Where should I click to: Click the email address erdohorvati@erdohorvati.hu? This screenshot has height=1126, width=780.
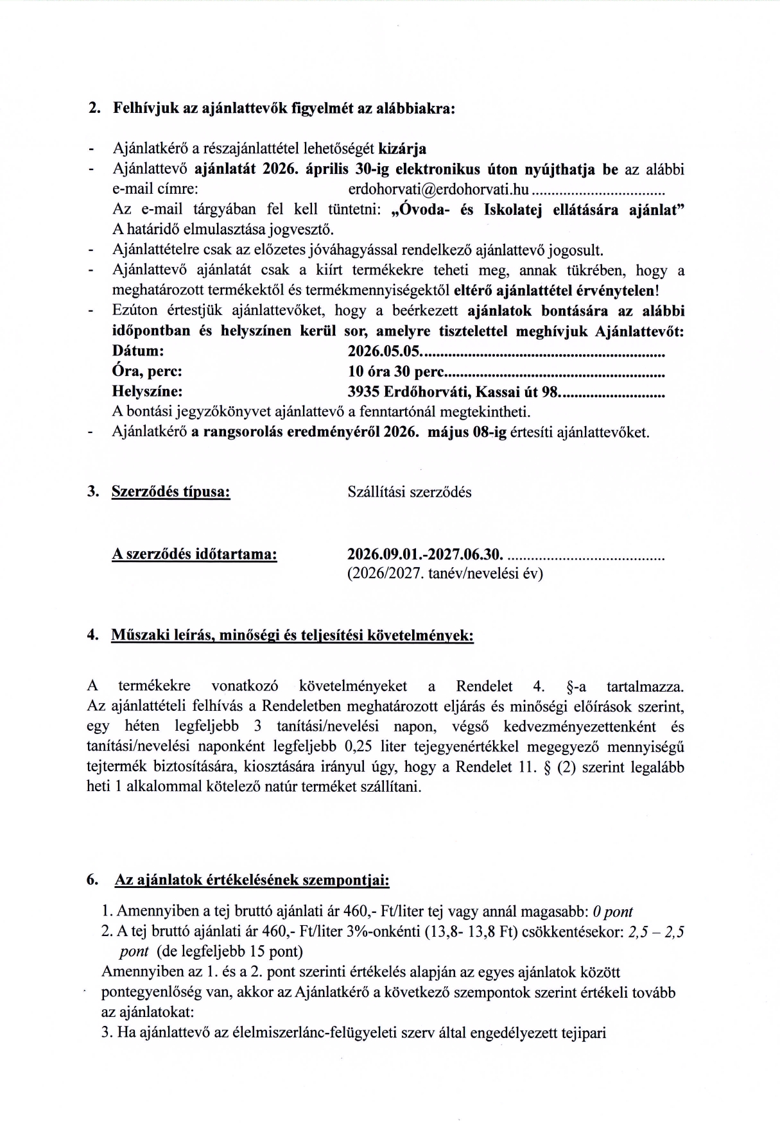tap(438, 190)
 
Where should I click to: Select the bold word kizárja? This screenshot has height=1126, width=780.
tap(403, 149)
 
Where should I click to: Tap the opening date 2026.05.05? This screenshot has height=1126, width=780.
tap(383, 351)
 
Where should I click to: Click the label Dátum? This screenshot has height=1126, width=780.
tap(138, 351)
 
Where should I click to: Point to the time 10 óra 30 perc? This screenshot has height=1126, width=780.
tap(395, 371)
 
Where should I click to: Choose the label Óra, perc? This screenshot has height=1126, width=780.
tap(147, 371)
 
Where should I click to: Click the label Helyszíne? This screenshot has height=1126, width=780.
tap(147, 391)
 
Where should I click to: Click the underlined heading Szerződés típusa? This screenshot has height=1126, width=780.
tap(171, 492)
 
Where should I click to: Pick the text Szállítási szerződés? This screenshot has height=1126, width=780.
tap(410, 492)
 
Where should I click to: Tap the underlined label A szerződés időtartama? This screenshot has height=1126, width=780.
tap(195, 554)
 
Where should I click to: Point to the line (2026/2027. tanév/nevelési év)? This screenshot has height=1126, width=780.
tap(445, 574)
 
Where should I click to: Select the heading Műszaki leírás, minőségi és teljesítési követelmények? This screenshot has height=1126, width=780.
tap(292, 636)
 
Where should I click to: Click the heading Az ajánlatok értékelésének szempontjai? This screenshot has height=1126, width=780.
tap(252, 880)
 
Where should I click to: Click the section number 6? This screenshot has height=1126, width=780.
tap(92, 880)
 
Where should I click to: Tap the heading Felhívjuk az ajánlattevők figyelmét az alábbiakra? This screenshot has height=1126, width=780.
tap(284, 108)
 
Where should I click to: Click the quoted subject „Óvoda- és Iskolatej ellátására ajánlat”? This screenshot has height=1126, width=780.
tap(537, 210)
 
